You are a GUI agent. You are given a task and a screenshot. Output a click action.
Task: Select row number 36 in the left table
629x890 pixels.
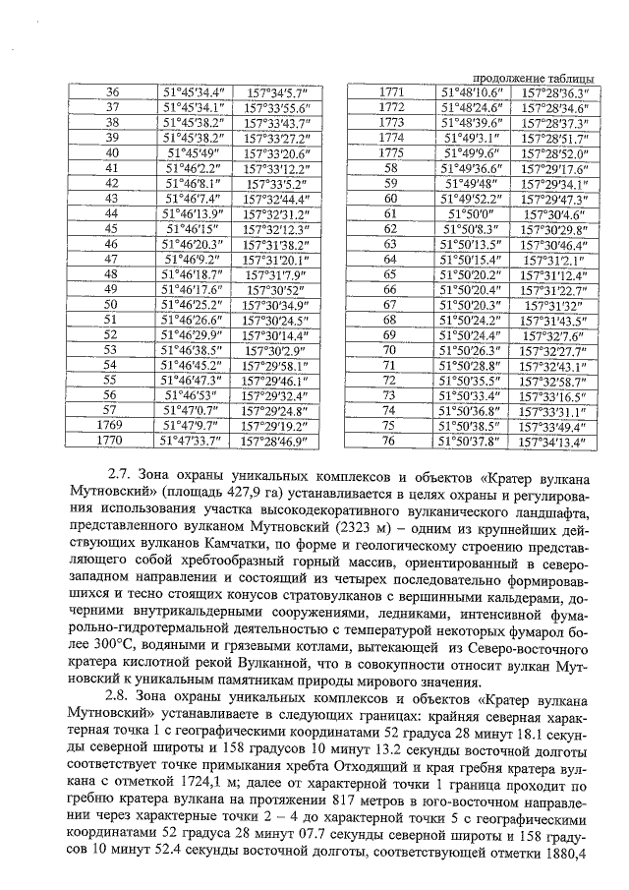[x=111, y=91]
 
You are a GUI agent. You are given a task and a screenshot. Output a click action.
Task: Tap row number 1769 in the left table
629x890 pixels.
[x=111, y=426]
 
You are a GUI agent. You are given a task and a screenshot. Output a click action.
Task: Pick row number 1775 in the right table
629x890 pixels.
[x=391, y=152]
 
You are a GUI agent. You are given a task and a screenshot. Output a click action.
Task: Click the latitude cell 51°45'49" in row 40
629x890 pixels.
[x=193, y=153]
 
